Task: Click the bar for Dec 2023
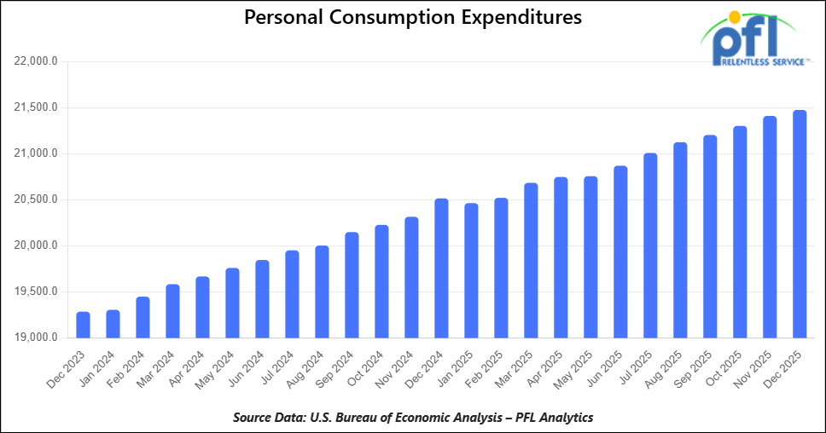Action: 83,325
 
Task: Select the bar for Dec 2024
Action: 441,268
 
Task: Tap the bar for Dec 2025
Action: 800,224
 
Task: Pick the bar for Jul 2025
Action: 650,245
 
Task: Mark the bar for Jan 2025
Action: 471,271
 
